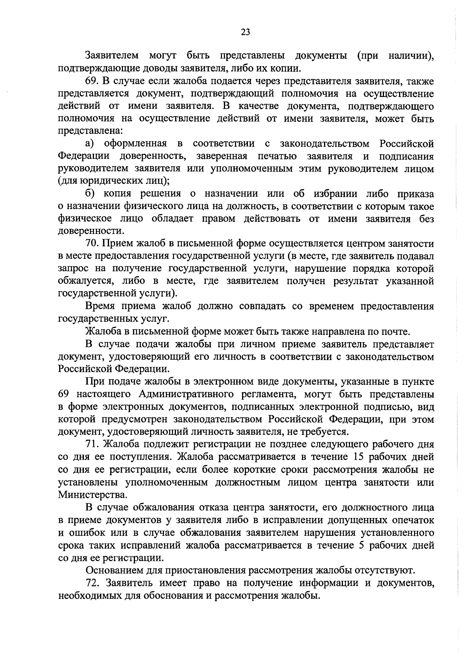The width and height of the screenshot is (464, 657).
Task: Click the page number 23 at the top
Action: click(245, 32)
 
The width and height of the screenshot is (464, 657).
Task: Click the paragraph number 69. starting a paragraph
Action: click(93, 81)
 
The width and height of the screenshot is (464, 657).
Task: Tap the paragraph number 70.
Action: click(93, 244)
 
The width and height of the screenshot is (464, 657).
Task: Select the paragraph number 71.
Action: click(93, 444)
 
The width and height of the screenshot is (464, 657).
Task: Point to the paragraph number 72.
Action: click(93, 583)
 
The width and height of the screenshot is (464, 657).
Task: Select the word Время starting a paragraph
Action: click(100, 307)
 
